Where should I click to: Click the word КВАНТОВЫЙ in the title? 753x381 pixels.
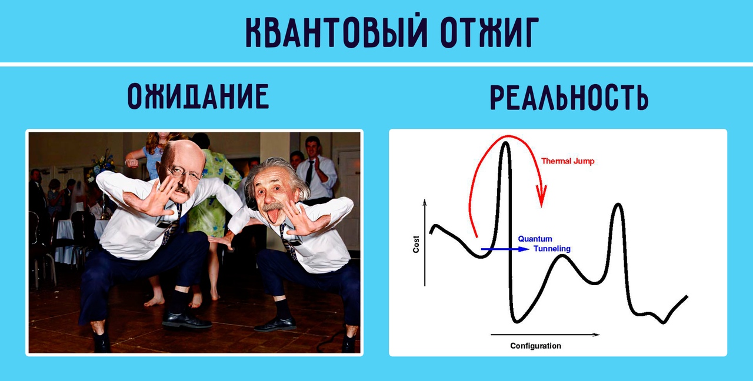[x=336, y=31]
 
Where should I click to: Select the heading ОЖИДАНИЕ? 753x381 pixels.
[x=198, y=96]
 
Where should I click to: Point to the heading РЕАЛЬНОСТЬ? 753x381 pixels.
[x=569, y=98]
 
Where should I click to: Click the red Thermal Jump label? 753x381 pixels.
[x=568, y=161]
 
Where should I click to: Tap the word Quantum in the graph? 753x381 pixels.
[x=535, y=239]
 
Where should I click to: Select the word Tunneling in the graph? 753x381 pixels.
[x=552, y=249]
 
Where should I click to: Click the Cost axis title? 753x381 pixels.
[x=416, y=244]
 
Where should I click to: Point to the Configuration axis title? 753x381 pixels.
[x=535, y=346]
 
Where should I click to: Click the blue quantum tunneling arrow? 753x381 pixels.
[x=505, y=249]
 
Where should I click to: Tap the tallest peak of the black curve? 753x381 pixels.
[x=505, y=143]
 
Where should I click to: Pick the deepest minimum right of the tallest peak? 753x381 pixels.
[x=517, y=321]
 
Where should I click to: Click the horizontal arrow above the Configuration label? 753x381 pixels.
[x=545, y=335]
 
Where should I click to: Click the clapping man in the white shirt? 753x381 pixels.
[x=316, y=168]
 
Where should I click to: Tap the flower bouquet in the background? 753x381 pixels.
[x=101, y=167]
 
